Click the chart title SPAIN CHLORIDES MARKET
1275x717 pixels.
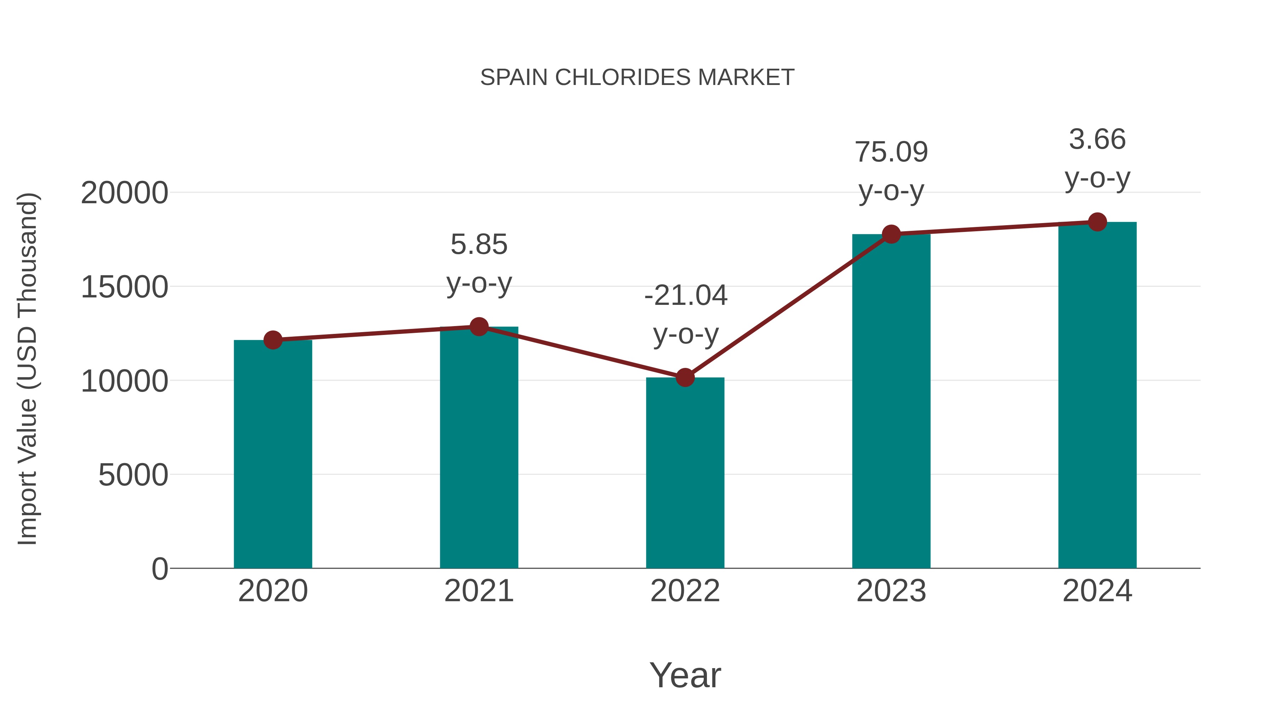point(637,77)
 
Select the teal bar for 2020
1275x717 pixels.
point(273,455)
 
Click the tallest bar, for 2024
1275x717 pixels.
point(1097,396)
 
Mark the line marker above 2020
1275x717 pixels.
point(273,340)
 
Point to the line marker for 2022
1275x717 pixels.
point(685,377)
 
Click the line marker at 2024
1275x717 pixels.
point(1097,222)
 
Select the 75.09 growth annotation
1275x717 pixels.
point(891,152)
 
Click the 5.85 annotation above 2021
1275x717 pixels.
point(478,244)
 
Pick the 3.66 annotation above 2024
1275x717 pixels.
point(1097,139)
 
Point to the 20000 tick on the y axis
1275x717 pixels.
point(124,193)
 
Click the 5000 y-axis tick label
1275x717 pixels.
point(133,475)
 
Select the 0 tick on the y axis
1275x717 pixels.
point(160,569)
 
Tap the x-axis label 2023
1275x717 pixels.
point(891,591)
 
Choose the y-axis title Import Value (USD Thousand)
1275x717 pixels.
point(28,369)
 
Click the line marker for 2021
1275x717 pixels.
point(478,326)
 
